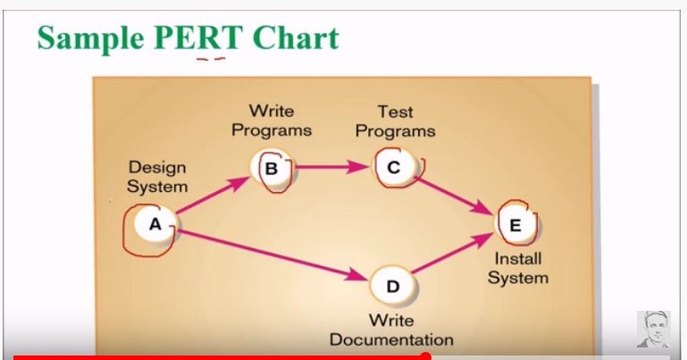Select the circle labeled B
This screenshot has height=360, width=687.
[272, 167]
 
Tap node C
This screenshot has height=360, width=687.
[394, 166]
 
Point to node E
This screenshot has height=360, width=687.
[515, 225]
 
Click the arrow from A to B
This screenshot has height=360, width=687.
[212, 197]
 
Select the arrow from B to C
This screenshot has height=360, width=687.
[332, 166]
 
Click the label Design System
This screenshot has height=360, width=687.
[157, 176]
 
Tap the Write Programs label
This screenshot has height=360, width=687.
[272, 121]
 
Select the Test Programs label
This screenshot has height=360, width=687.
[395, 121]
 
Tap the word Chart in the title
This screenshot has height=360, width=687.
[295, 38]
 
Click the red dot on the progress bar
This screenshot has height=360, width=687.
[425, 356]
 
